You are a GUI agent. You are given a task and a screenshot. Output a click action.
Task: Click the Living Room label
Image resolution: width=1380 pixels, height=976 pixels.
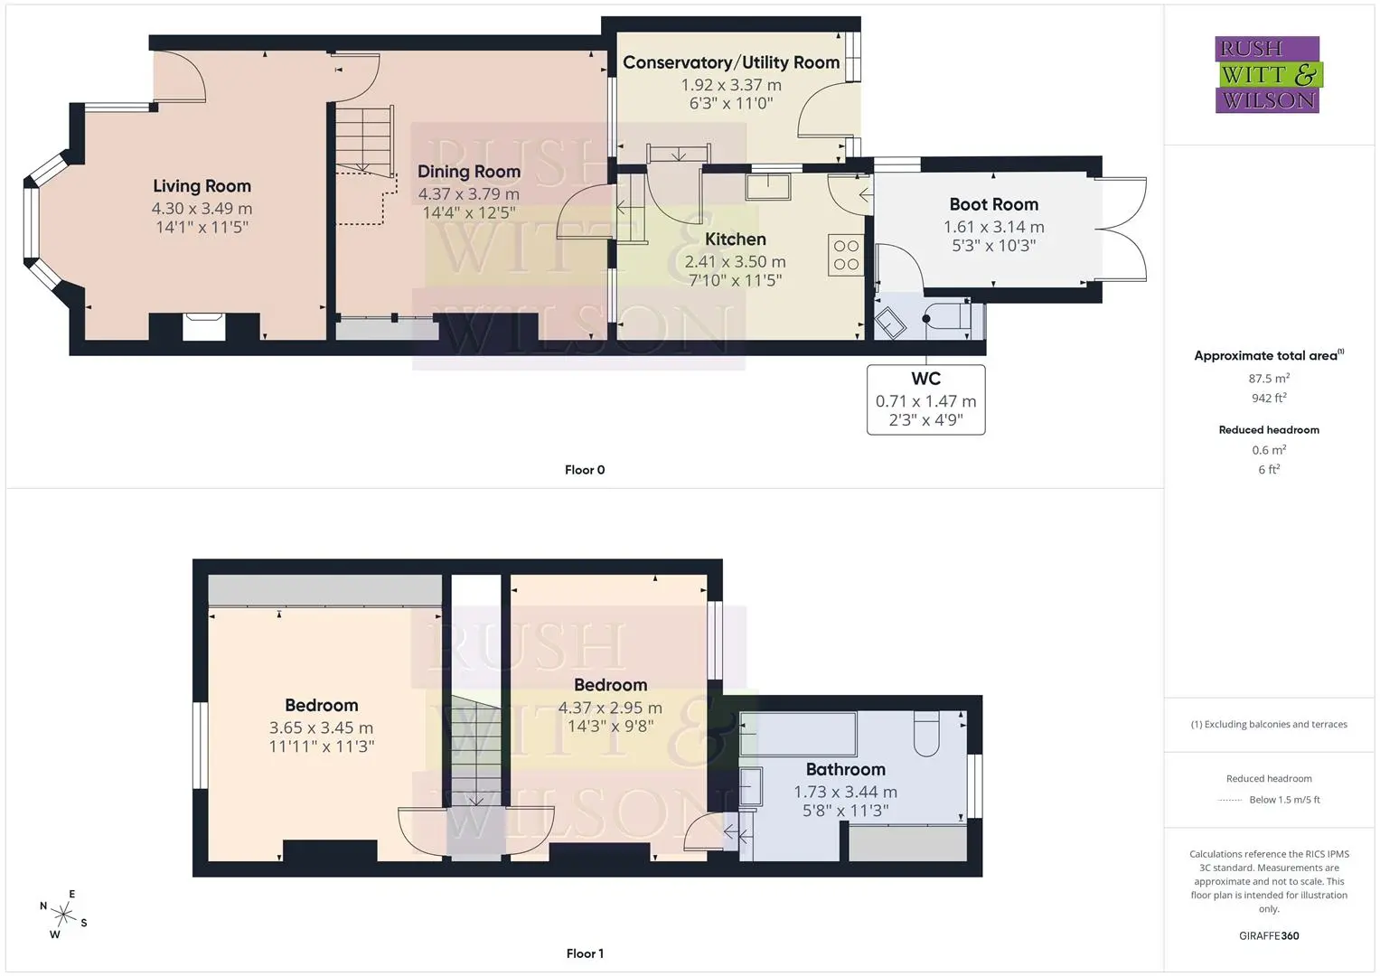202,186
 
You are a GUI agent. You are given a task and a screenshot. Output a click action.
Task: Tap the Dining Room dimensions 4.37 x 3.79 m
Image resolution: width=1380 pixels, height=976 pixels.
469,194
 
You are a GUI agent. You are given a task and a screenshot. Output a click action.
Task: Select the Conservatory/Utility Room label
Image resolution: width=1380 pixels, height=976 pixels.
731,62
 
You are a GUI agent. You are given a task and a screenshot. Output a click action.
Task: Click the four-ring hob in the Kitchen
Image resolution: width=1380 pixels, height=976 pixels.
846,255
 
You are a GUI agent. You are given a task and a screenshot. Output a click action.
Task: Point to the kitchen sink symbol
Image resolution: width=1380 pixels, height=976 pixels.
767,187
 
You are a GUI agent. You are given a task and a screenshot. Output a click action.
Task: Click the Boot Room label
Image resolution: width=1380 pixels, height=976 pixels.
994,204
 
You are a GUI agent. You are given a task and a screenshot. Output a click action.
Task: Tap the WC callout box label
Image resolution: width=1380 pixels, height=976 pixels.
926,379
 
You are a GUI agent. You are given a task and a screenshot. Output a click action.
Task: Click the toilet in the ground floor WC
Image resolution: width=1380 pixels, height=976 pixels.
947,317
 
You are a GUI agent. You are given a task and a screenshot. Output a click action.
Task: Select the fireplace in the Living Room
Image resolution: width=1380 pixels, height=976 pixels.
204,326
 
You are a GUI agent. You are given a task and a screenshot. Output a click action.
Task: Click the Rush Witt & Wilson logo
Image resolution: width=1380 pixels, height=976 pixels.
1269,74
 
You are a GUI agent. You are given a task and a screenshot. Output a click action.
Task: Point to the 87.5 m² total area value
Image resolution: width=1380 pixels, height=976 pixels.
1269,379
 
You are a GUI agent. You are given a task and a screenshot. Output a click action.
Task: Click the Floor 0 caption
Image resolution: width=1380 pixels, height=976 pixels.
585,470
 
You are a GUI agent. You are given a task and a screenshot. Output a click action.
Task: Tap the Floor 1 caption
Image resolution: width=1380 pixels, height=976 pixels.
585,953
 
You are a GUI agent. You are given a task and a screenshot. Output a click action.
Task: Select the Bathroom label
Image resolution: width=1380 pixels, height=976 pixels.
845,770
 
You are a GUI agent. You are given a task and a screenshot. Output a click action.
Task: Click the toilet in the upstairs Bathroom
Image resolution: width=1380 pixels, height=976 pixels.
926,733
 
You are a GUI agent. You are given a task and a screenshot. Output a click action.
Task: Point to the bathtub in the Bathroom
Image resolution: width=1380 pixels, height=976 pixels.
798,734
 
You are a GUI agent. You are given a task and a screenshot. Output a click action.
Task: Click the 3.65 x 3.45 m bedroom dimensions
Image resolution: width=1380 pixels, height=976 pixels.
321,727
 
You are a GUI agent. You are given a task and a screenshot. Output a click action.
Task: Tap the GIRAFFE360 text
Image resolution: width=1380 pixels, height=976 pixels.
1269,936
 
